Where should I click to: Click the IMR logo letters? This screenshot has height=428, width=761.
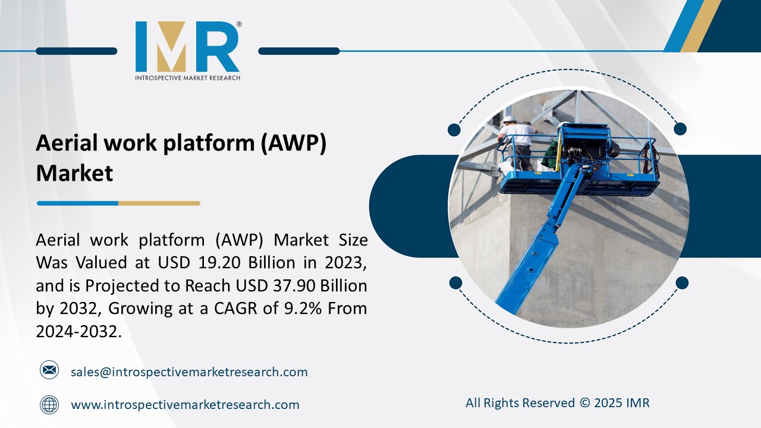pos(187,47)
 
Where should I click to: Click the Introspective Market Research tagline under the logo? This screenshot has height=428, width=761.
pos(187,78)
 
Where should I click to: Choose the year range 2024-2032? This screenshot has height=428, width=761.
pos(78,332)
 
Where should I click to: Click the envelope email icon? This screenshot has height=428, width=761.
pos(49,370)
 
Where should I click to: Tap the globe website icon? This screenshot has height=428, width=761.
pos(49,405)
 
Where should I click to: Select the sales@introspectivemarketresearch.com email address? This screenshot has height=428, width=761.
pos(189,372)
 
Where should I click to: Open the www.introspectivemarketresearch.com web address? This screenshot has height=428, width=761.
pos(185,405)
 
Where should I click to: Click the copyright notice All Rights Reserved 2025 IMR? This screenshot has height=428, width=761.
pos(557,403)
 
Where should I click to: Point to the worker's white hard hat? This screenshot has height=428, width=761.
pos(510,119)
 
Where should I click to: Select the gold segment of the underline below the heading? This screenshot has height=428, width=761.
pos(159,203)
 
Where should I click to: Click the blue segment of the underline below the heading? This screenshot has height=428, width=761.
pos(77,203)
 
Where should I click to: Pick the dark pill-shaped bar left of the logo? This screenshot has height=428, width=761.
pos(76,51)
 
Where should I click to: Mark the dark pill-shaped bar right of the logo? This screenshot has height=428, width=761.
pos(299,51)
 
